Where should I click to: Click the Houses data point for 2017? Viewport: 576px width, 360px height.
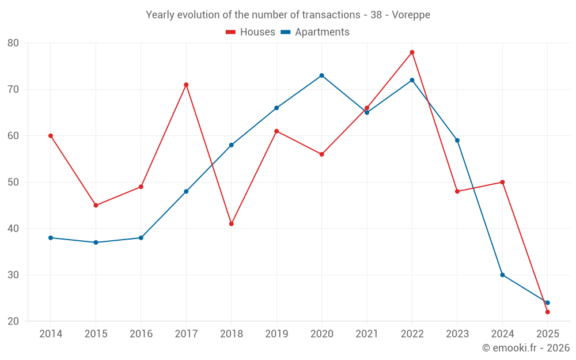coord(186,85)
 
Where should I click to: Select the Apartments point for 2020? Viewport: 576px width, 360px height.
coord(321,75)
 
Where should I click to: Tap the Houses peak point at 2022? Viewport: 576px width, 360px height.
coord(412,52)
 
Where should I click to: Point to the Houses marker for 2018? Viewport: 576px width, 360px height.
coord(231,223)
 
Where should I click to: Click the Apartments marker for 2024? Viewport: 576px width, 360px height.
coord(502,275)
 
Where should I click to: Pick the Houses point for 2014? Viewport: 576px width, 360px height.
coord(51,136)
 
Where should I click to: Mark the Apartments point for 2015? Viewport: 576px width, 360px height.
coord(96,242)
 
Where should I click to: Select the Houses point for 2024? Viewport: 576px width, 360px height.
coord(502,182)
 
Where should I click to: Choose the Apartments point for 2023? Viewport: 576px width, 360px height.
coord(457,141)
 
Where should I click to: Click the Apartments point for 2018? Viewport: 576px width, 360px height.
coord(231,145)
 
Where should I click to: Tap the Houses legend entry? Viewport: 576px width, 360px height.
coord(251,32)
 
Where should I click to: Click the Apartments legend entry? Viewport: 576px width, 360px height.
coord(315,32)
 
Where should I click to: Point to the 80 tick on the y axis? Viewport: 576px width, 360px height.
coord(13,43)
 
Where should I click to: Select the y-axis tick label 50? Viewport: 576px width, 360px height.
coord(13,182)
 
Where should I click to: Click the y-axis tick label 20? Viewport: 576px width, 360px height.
coord(13,321)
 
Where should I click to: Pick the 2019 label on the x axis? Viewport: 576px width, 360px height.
coord(276,334)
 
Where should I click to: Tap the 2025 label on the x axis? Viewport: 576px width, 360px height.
coord(547,334)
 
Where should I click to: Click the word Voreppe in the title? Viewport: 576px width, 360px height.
coord(411,15)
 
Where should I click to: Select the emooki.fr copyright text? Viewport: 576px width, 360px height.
coord(525,348)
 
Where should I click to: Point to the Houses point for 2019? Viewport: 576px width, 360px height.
coord(276,131)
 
